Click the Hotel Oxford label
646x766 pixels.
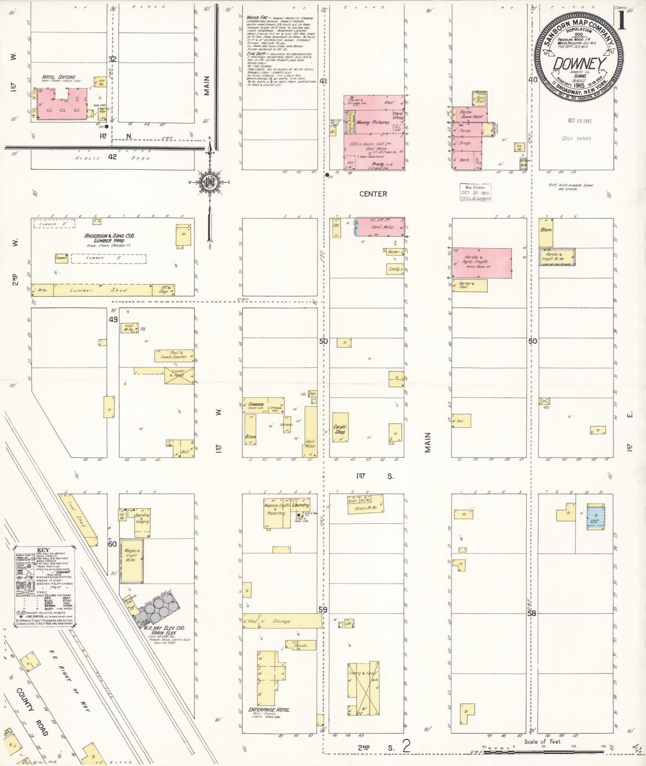pos(59,77)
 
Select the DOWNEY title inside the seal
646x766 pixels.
pos(579,64)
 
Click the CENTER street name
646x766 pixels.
pos(373,194)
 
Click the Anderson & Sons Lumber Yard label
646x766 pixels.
pos(110,238)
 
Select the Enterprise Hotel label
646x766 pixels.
pos(269,709)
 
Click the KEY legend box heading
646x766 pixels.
pos(43,550)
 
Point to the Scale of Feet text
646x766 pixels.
pos(543,741)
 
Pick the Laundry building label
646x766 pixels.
pos(300,505)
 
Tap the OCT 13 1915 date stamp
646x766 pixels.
pos(580,121)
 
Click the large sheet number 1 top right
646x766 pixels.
pos(622,21)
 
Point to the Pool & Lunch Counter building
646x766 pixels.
pos(174,355)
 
